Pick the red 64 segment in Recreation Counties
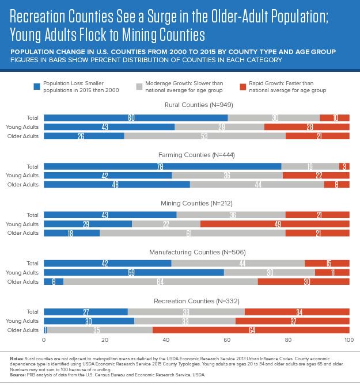tap(251, 330)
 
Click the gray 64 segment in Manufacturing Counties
tap(161, 281)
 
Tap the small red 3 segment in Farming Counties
tap(344, 166)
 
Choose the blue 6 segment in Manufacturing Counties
tap(54, 281)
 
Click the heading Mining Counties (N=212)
tap(196, 204)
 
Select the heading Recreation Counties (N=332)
tap(196, 301)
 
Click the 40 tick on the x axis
tap(166, 341)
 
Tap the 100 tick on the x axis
tap(348, 341)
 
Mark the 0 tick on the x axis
tap(44, 341)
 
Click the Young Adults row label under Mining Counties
tap(22, 223)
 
